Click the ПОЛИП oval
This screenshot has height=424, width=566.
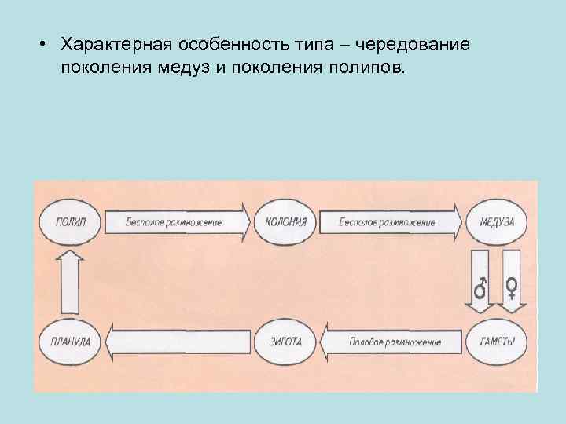(72, 222)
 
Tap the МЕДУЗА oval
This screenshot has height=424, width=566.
(496, 222)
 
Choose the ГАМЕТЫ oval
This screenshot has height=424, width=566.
(496, 342)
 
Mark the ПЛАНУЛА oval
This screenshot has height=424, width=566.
(72, 342)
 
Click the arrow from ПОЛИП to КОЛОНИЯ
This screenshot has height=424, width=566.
(177, 222)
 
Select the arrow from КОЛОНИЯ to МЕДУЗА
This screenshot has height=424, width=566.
(390, 222)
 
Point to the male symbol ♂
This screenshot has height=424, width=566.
(480, 288)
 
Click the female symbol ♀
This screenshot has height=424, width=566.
(511, 288)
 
